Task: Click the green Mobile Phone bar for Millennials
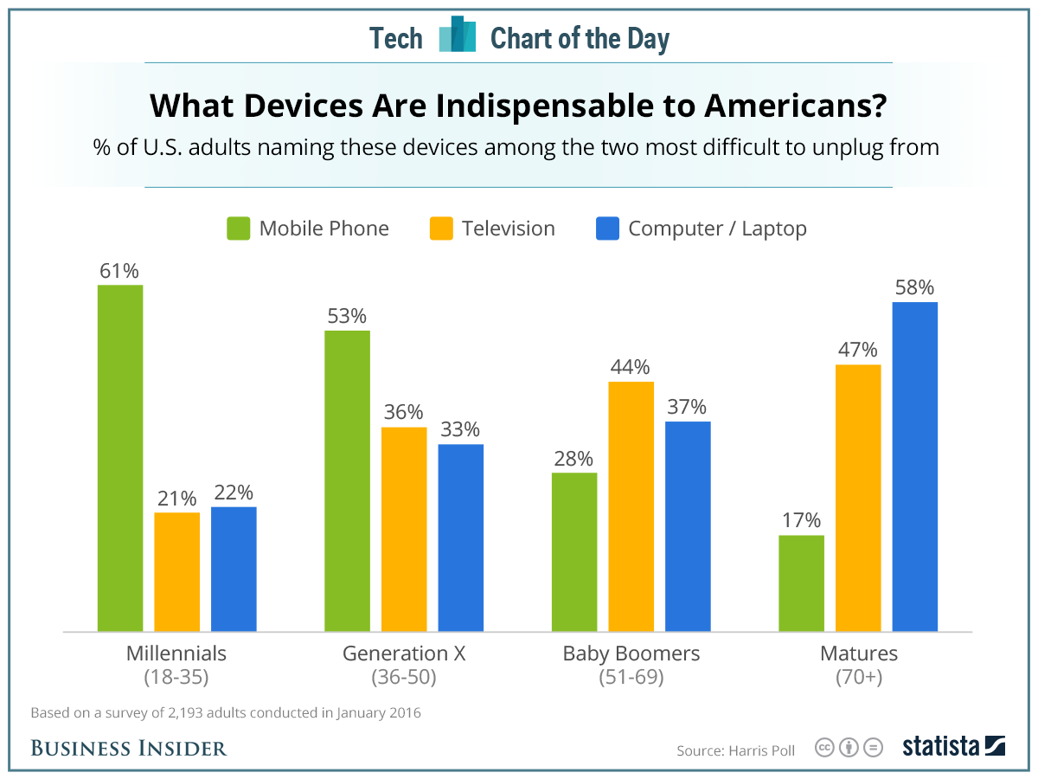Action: [120, 458]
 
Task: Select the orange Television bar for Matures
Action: [858, 498]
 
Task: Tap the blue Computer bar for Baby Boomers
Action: [688, 526]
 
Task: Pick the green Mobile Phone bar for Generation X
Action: [347, 480]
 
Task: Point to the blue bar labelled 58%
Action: [915, 467]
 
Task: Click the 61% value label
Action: [119, 271]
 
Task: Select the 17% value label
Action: [800, 520]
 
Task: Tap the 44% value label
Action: [630, 367]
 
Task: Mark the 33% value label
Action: [459, 429]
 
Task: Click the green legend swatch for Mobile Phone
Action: [238, 229]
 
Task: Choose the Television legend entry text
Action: [508, 229]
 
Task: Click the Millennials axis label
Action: [176, 653]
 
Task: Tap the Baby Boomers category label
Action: [631, 653]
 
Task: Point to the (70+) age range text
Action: [858, 677]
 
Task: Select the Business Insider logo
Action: [129, 747]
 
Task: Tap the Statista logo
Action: [953, 746]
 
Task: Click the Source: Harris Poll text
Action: [735, 749]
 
